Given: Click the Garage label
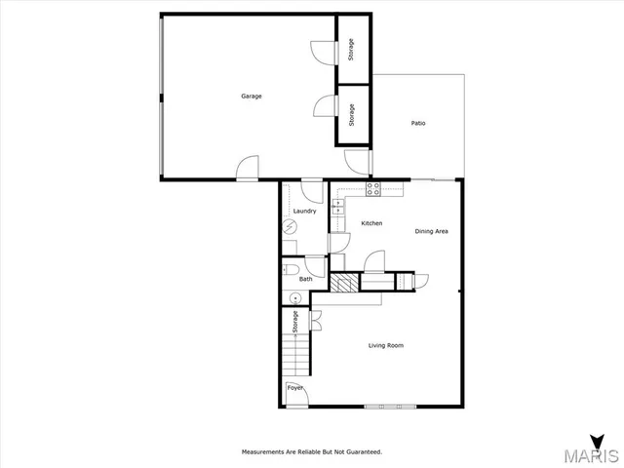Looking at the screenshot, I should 252,96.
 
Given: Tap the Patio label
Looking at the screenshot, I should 417,123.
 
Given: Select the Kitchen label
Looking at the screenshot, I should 371,223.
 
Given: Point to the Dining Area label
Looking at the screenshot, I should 431,231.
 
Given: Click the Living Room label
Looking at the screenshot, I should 385,345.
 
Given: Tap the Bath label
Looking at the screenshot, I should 305,280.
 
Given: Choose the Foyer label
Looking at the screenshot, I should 294,388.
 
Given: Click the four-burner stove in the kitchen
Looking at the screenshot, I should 371,187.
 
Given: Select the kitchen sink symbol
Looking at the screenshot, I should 337,207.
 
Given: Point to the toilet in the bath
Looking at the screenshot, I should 290,270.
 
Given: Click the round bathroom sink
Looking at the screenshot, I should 293,297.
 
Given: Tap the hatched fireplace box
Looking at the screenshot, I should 342,283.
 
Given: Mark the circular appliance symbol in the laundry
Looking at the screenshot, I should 291,226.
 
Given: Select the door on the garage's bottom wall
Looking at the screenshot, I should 248,170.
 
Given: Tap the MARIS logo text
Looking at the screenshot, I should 591,455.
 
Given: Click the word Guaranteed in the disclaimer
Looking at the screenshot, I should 363,451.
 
